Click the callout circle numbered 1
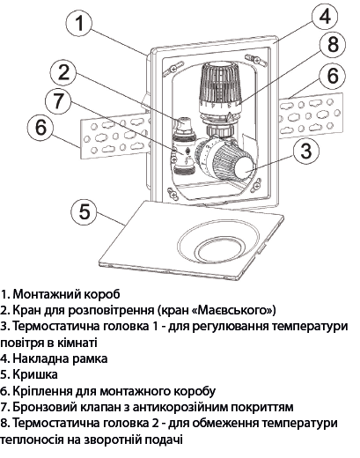[80, 24]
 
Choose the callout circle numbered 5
[84, 212]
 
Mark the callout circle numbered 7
[60, 100]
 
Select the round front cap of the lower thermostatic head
[241, 165]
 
